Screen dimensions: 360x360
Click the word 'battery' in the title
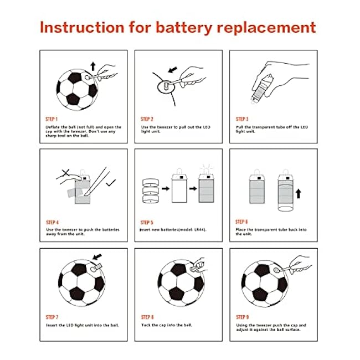[x=184, y=28]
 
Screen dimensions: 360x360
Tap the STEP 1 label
[x=52, y=119]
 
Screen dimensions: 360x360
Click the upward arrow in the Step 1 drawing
[x=92, y=66]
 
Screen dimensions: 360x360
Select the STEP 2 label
[x=147, y=119]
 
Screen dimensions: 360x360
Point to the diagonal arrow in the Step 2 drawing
[x=173, y=70]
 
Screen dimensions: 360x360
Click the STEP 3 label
[x=242, y=119]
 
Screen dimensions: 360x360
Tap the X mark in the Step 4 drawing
[x=66, y=173]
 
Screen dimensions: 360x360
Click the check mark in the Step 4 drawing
[x=111, y=183]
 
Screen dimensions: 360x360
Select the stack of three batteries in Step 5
[x=151, y=191]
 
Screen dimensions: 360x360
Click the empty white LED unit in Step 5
[x=179, y=188]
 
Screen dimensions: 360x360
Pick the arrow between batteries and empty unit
[x=165, y=189]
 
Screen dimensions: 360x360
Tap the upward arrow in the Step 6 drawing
[x=298, y=194]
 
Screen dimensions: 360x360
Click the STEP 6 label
[x=241, y=222]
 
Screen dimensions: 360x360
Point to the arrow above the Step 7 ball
[x=97, y=256]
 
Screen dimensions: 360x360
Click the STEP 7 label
[x=52, y=317]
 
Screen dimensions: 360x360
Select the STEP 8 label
[x=147, y=317]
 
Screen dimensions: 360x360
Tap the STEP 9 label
[x=243, y=317]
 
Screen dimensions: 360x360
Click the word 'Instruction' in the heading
[x=82, y=27]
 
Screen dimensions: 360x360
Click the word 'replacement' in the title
[x=266, y=28]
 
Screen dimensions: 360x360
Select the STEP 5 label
[x=147, y=223]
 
